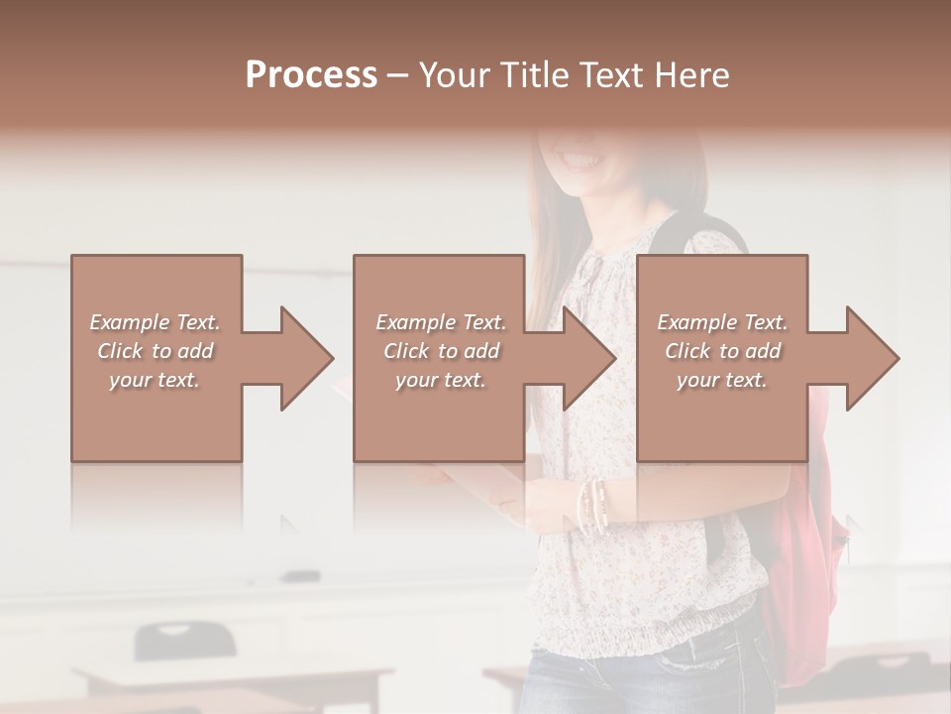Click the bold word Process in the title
311,75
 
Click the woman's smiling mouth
582,159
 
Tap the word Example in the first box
130,322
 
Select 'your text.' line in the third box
721,380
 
